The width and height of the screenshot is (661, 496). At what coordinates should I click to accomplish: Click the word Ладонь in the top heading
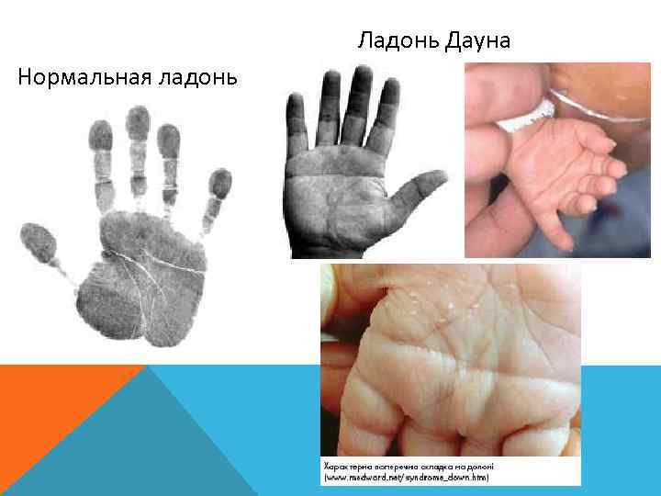(397, 41)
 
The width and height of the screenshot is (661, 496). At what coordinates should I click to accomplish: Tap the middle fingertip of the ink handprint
(138, 124)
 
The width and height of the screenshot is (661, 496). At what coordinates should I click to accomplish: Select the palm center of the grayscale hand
(344, 197)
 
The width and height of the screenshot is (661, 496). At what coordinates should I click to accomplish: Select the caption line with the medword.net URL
(405, 478)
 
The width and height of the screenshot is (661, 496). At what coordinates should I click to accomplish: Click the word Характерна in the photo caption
(345, 466)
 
